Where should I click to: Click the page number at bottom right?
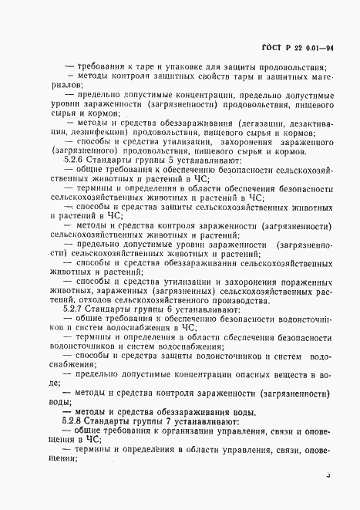(x=327, y=478)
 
